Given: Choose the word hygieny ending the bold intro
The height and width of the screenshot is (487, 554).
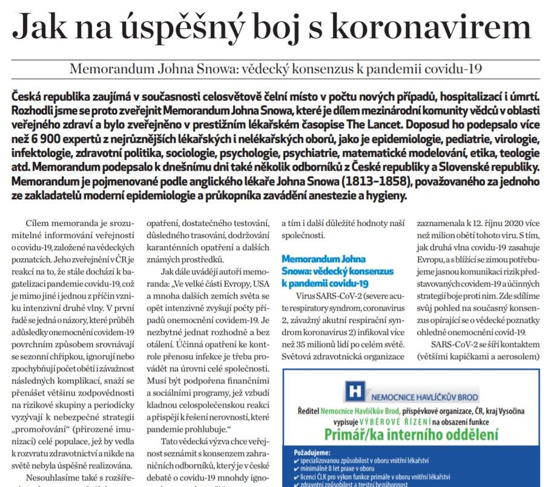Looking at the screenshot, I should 389,197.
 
